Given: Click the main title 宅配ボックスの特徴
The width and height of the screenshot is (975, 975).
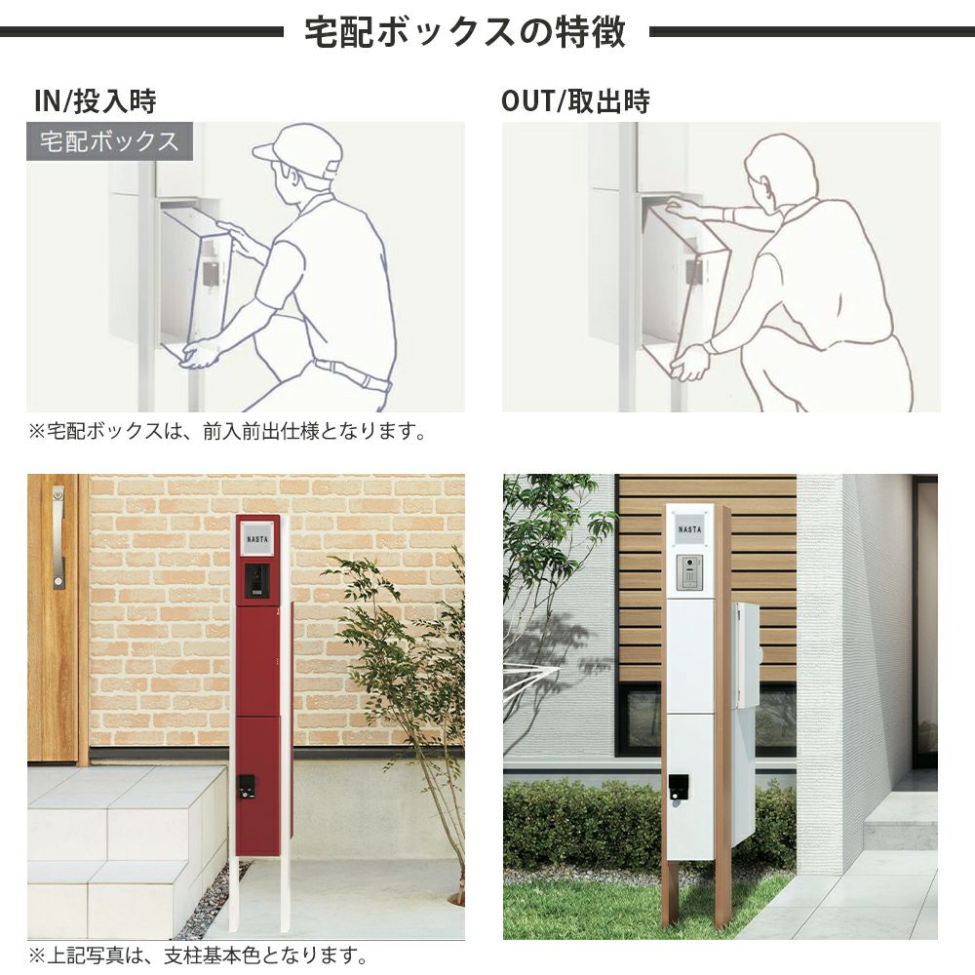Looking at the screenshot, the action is click(x=464, y=32).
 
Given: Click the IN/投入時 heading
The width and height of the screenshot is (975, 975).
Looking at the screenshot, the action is click(x=96, y=101).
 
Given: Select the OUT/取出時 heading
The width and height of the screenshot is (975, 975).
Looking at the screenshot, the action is click(x=576, y=101).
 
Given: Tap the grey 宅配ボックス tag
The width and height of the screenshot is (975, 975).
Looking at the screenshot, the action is click(x=109, y=141).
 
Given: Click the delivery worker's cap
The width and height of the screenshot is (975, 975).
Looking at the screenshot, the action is click(x=299, y=151).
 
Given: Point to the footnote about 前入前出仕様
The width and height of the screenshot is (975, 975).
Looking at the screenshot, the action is click(x=227, y=431).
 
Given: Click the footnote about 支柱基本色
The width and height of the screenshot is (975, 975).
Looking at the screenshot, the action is click(x=198, y=955).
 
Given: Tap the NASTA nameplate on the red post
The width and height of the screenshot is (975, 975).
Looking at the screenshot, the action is click(x=256, y=539).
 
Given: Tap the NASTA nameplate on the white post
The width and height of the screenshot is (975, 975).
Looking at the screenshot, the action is click(x=689, y=529).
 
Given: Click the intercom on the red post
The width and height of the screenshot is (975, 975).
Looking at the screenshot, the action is click(x=256, y=581).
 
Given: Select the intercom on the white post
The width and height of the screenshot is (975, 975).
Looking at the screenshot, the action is click(x=689, y=572).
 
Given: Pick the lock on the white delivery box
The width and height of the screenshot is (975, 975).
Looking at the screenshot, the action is click(x=678, y=789).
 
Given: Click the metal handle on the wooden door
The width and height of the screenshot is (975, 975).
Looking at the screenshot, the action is click(x=58, y=537).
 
